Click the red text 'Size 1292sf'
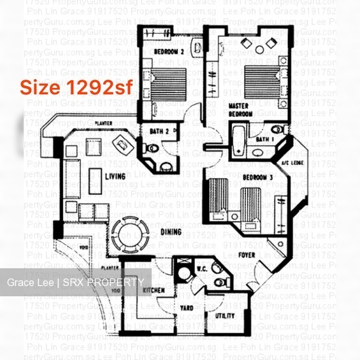pos(76,87)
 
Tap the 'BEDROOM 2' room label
pos(169,52)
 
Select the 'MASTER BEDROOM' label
pos(240,110)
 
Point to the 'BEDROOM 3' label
pos(258,177)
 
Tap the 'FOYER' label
pos(247,255)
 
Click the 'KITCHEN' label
pos(154,291)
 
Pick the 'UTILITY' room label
pos(224,316)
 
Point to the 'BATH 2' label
pos(159,131)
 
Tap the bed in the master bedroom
pos(261,79)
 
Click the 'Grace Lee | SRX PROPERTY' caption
pos(75,282)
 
